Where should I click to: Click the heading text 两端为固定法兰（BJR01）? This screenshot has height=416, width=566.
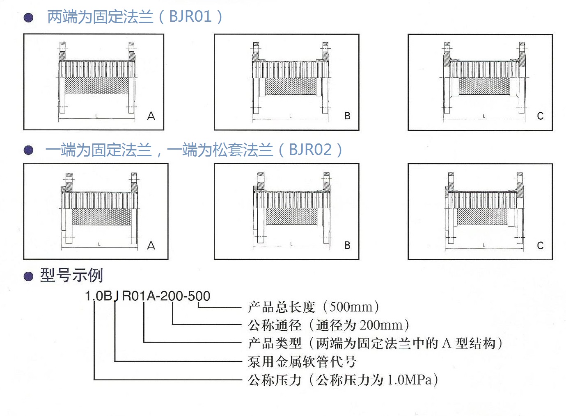pos(135,17)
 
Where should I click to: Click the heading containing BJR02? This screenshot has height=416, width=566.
pos(194,150)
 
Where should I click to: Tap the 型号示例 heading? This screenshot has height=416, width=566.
pos(71,275)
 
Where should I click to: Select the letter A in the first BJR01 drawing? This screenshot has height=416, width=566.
pos(151,116)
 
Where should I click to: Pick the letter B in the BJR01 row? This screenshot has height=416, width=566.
pos(347,116)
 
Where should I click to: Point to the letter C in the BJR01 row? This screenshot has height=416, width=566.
pos(540,116)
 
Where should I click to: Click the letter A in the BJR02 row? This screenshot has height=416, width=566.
pos(151,246)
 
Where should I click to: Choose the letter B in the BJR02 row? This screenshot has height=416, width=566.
pos(347,246)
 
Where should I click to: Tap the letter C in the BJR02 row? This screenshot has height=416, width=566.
pos(540,246)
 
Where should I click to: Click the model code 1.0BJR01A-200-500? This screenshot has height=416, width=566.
pos(147,296)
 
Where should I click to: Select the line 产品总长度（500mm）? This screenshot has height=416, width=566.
pos(314,307)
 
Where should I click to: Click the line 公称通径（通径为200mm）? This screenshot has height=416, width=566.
pos(329,325)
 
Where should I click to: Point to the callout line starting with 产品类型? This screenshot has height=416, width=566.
pos(376,343)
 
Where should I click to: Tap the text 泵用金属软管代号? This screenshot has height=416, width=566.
pos(302,361)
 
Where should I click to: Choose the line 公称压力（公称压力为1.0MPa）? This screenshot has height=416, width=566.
pos(343,380)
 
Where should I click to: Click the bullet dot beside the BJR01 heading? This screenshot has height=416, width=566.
pos(28,17)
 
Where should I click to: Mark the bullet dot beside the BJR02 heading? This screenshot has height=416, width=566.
pos(28,150)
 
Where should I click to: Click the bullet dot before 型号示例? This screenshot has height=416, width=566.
pos(28,276)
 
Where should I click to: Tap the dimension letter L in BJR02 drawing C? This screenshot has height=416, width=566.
pos(484,245)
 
